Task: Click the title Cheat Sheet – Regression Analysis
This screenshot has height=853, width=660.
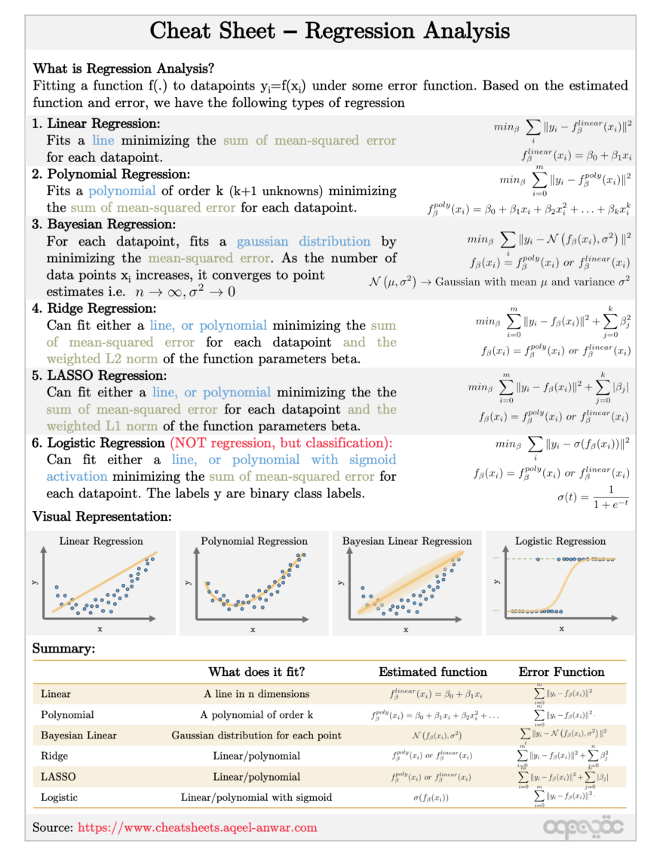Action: [x=330, y=31]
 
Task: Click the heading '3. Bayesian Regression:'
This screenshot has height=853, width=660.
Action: [x=111, y=225]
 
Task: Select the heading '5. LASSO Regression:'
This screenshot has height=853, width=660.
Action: [x=107, y=375]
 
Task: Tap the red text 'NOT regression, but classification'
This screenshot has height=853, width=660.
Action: [x=281, y=443]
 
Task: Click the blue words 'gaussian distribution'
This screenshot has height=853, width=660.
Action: [x=303, y=242]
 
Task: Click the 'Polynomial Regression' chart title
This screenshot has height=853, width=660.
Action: [x=254, y=541]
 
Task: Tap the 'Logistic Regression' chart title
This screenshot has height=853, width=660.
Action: [x=560, y=541]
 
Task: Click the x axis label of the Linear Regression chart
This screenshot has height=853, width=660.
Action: [x=100, y=628]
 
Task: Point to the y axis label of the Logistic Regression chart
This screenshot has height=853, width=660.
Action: [x=497, y=581]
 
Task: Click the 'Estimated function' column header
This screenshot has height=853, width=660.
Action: [x=432, y=672]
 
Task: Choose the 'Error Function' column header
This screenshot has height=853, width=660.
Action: [x=561, y=672]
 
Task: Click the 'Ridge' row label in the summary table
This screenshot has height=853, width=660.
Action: [x=54, y=756]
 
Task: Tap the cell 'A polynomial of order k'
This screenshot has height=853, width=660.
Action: [x=256, y=714]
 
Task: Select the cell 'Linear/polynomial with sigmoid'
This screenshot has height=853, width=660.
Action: [x=256, y=797]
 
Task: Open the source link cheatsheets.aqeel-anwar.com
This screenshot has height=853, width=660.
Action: [x=198, y=827]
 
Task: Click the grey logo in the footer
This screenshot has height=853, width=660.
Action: [x=583, y=827]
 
